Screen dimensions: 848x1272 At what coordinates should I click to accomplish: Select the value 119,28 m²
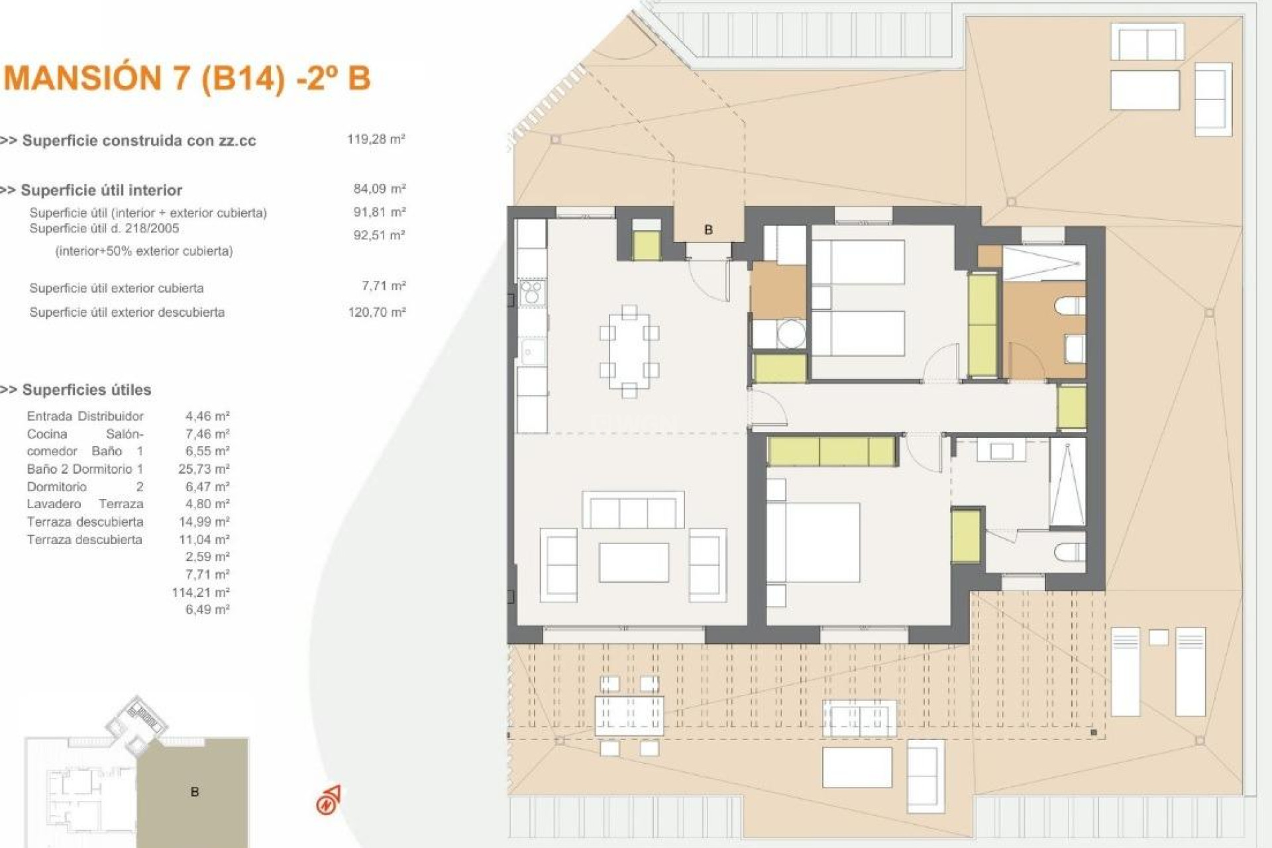376,139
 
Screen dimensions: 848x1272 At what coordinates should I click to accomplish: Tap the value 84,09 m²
379,189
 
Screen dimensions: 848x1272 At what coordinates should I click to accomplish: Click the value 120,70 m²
376,312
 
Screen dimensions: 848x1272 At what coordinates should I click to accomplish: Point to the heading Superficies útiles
86,390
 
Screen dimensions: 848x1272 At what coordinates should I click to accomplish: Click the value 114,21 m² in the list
200,592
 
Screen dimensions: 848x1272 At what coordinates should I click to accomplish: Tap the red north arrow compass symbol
329,800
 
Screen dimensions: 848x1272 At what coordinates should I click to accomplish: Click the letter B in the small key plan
195,792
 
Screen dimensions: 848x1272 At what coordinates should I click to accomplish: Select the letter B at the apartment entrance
708,230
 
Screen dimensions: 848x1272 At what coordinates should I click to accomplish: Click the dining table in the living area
629,351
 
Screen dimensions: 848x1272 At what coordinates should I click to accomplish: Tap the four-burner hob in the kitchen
531,293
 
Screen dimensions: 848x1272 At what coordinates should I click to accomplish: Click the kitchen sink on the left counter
531,352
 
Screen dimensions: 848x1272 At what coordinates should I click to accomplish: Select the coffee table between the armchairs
633,562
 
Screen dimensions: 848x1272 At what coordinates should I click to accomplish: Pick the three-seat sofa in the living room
633,511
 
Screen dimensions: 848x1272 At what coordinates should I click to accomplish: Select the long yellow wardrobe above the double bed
831,451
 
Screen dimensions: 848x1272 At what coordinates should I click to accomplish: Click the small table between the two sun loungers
1158,637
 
